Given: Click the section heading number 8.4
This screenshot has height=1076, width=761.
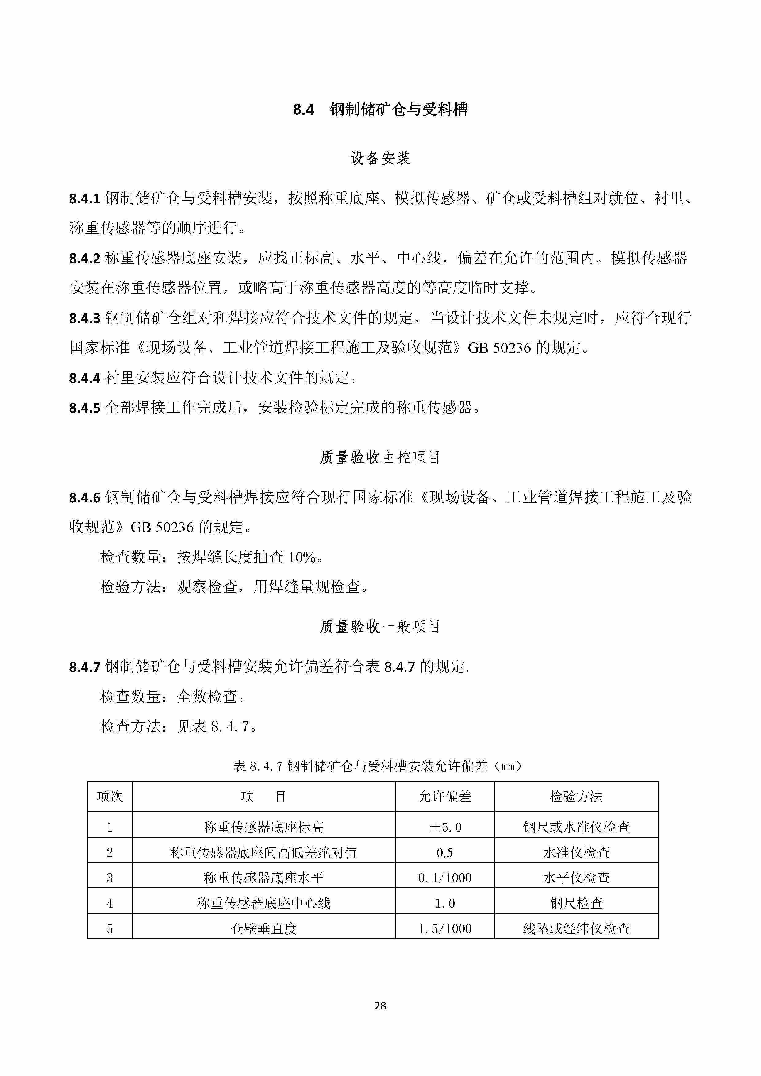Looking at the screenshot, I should coord(303,110).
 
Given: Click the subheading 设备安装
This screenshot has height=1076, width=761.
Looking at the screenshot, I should coord(380,158).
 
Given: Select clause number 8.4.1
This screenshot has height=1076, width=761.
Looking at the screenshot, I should coord(85,199).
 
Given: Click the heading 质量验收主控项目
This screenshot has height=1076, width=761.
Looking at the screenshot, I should coord(380,457).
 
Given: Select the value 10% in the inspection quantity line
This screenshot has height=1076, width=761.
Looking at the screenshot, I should coord(302,558).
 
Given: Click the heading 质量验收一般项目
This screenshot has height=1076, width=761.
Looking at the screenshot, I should coord(380,627).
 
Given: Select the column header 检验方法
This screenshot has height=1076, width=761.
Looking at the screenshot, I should coord(576,797).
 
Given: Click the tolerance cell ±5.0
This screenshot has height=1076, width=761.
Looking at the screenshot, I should coord(445,828).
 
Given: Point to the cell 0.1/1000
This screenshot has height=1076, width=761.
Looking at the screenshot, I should coord(445,878).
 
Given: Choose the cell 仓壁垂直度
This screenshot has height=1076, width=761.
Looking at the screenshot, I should coord(264,929).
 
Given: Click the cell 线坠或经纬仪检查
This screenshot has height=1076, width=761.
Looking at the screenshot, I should coord(576,929).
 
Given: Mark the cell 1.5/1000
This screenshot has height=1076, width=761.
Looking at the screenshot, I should coord(445,929).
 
